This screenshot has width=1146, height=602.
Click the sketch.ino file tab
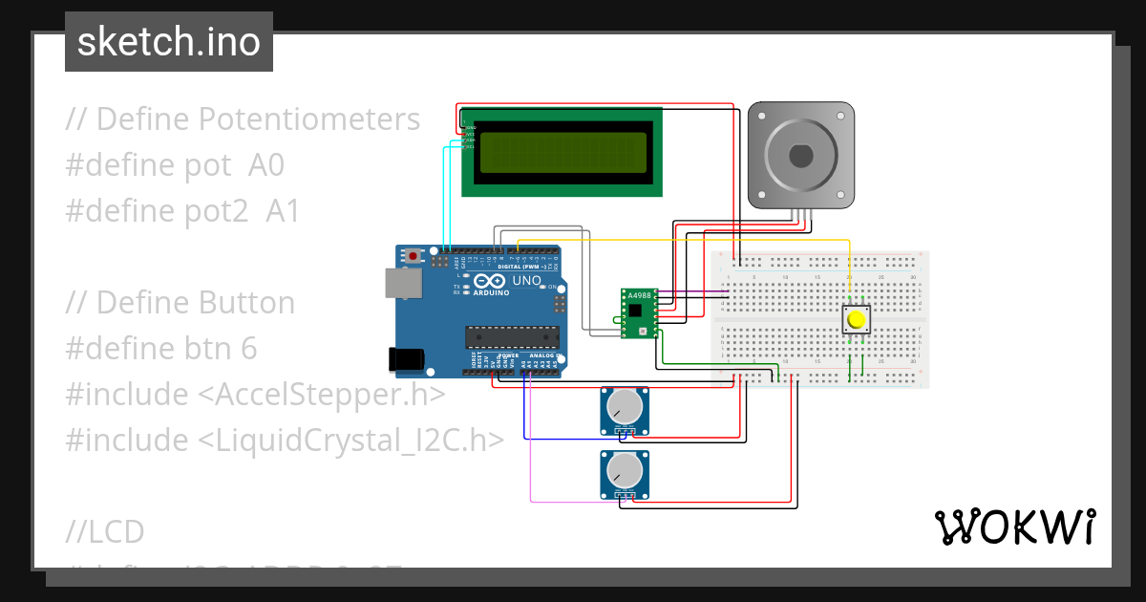tap(169, 42)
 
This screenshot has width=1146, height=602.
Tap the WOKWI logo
tap(1014, 527)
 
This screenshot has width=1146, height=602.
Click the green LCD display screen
tap(562, 152)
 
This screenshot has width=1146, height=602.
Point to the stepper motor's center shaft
tap(799, 155)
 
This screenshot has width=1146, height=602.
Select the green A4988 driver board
tap(639, 313)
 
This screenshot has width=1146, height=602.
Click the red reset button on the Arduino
tap(414, 256)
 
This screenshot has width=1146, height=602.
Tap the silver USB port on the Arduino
tap(400, 283)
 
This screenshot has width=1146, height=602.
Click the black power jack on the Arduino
tap(406, 359)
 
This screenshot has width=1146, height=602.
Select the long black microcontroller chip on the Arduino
tap(511, 336)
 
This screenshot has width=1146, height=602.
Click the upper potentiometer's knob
tap(624, 408)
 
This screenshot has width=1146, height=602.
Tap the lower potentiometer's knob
tap(624, 472)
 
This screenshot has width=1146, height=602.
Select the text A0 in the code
tap(266, 165)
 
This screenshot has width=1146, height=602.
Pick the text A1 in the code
tap(283, 211)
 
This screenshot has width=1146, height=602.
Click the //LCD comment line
tap(105, 530)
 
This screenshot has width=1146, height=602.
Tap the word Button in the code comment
tap(246, 303)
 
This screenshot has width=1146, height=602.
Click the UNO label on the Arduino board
tap(527, 281)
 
